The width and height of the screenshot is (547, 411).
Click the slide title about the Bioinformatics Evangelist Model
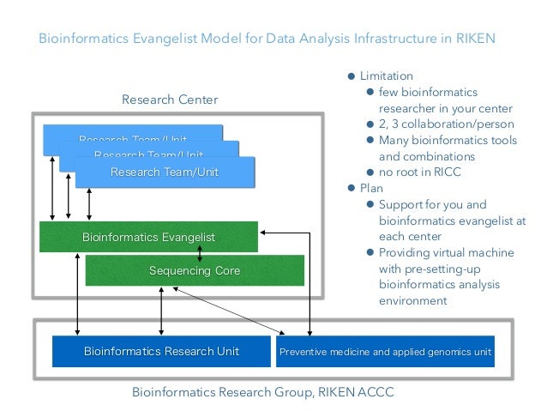pos(267,39)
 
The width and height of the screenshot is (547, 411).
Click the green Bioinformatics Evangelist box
pos(147,236)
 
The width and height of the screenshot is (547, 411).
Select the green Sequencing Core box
pos(195,270)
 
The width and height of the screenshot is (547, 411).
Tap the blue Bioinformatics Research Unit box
pos(160,351)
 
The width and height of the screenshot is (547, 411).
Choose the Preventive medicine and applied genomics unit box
pos(385,352)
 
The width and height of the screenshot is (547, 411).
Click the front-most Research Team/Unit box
pos(165,172)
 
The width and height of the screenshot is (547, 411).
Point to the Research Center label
pos(170,100)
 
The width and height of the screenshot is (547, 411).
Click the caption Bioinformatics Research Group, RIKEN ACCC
pos(262,392)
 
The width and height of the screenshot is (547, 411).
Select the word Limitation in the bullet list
pos(386,76)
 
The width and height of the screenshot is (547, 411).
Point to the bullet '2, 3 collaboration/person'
pos(441,124)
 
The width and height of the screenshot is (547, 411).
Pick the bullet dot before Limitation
pos(350,76)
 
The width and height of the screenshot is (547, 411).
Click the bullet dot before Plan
pos(350,188)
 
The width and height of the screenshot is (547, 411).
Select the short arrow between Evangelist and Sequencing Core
pos(201,254)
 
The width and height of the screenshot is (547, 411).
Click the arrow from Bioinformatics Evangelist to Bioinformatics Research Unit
pos(78,293)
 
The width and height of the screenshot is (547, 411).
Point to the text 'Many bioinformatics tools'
pos(448,141)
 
